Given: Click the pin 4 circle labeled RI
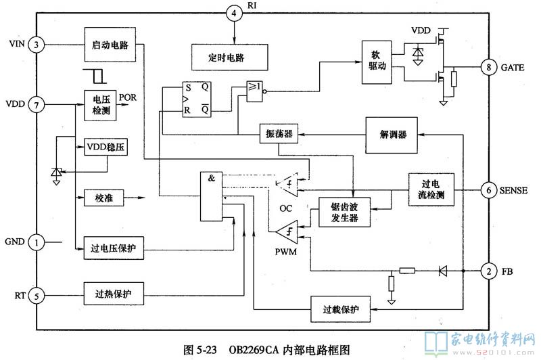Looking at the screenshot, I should [234, 12].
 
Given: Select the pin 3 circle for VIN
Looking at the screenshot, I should [37, 45].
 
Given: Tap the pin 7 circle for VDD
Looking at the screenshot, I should [37, 106].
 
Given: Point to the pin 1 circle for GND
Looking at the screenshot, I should [37, 242].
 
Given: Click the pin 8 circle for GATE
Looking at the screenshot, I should [488, 68].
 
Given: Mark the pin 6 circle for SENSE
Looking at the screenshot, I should [488, 191].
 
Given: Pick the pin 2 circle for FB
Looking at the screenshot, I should [488, 271].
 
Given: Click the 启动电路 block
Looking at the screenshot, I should [111, 45].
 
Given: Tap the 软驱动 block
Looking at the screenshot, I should [377, 60].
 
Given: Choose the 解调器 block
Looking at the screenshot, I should [393, 135].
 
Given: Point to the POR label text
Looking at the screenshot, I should [129, 97].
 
